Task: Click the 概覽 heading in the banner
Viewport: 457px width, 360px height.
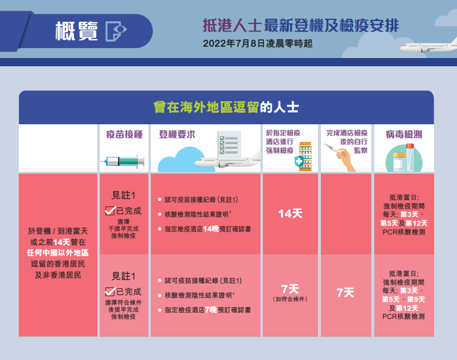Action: (x=76, y=31)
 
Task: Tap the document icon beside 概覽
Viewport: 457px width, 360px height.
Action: (x=116, y=31)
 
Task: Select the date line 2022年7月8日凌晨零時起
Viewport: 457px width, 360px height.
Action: (x=258, y=44)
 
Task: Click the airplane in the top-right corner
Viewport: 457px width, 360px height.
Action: (x=428, y=45)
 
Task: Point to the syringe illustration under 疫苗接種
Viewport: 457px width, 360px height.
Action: (x=123, y=161)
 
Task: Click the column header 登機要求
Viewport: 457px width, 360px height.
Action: (x=177, y=134)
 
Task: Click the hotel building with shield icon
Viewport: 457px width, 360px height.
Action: (x=303, y=157)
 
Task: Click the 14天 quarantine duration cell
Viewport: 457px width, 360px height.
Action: (x=290, y=214)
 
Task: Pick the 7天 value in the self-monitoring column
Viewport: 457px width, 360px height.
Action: (x=346, y=293)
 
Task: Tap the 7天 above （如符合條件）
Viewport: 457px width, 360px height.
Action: (x=290, y=289)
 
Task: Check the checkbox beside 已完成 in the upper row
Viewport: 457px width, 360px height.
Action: (x=110, y=210)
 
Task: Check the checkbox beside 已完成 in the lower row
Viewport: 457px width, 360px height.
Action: (x=110, y=291)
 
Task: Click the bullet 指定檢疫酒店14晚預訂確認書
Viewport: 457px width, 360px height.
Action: (x=208, y=229)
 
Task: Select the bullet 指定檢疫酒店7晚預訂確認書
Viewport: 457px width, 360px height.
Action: (x=208, y=310)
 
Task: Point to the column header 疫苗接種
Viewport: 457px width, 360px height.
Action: (x=124, y=134)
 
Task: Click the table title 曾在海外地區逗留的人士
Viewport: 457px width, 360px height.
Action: (x=226, y=107)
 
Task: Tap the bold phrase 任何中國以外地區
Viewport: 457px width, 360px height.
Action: (x=57, y=253)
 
